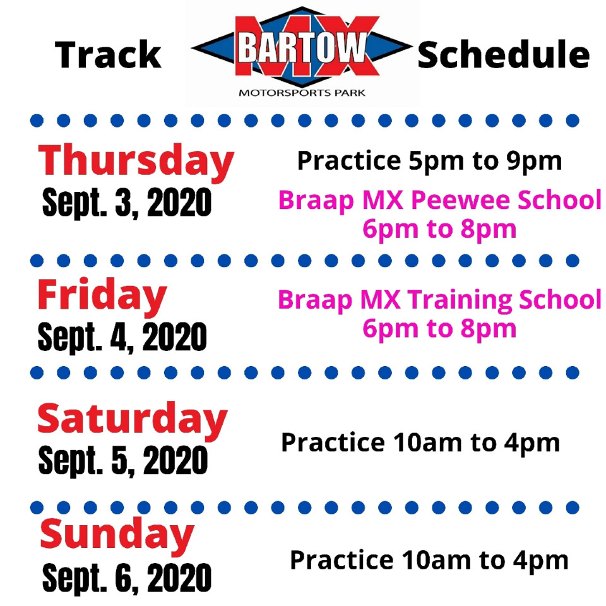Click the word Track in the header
pos(108,54)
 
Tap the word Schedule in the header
pos(503,54)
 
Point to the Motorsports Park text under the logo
pos(302,93)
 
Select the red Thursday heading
pos(136,162)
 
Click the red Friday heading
pos(102,296)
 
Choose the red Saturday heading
pos(133,420)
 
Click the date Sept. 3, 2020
pos(127,203)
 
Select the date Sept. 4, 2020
pos(122,337)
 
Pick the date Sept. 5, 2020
pos(123,460)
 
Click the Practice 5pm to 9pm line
pos(429,161)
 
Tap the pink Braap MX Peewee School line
pos(440,201)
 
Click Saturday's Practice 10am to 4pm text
pos(420,443)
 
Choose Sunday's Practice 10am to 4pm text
pos(429,561)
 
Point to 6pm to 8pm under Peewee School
pos(439,230)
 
